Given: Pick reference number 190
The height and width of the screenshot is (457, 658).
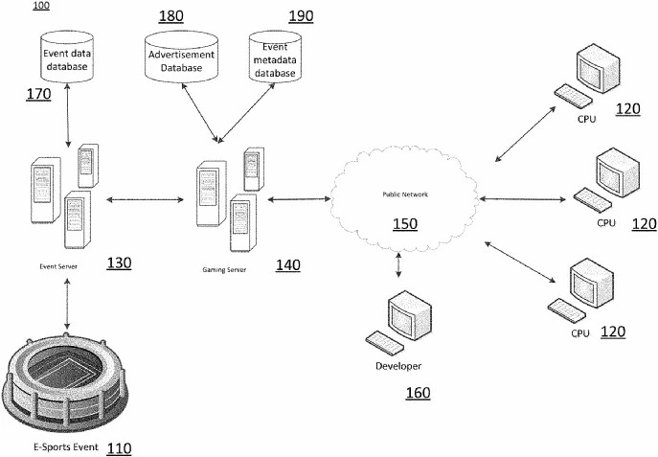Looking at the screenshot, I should tap(301, 17).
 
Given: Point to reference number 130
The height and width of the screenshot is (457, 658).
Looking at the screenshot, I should tap(120, 263).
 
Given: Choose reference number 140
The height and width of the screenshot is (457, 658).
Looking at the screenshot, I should tap(287, 264).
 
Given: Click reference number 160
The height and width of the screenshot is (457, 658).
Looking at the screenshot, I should tap(419, 393).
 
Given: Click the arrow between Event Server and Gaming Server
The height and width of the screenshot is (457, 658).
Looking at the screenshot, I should tap(145, 199).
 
